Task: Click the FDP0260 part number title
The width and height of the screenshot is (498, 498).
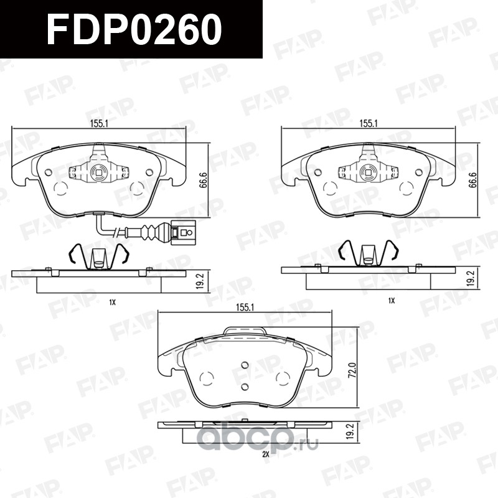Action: (134, 29)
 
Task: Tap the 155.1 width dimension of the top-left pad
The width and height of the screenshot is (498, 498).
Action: (99, 123)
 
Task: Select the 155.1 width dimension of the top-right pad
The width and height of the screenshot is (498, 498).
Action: (368, 123)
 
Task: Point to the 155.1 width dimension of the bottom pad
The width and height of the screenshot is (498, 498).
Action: (245, 308)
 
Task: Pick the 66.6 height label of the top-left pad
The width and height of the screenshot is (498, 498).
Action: (204, 180)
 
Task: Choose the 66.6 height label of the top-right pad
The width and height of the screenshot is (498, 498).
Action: (473, 180)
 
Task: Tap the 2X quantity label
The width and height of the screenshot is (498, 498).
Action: (266, 454)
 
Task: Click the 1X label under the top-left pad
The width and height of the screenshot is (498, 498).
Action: (112, 303)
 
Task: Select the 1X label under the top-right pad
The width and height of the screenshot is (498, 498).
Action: (392, 301)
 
